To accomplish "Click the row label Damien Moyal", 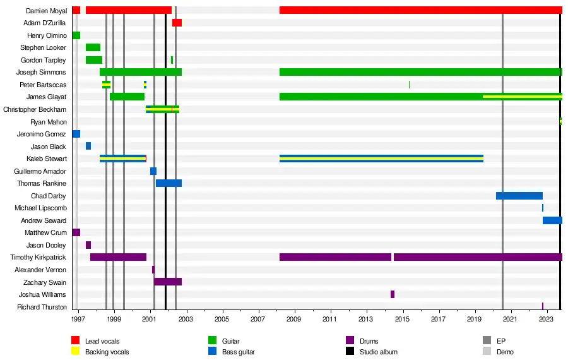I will tap(47, 11).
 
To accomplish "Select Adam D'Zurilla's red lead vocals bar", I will tap(177, 23).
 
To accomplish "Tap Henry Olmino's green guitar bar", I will tap(76, 35).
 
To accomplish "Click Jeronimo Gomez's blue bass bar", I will tap(76, 134).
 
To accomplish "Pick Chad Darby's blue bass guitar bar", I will tap(519, 196).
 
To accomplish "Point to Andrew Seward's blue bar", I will tap(552, 220).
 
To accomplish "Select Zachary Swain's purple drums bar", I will tap(168, 282).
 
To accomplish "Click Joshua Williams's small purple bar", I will tap(393, 294).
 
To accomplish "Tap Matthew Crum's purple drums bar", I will tap(76, 232).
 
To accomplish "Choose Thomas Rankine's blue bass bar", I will tap(169, 183).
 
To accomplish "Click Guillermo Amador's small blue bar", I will tap(153, 171).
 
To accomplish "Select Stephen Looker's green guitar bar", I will tap(93, 47).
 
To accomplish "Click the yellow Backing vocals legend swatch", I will tap(75, 351).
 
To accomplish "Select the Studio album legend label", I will tap(379, 352).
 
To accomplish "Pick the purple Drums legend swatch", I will tap(350, 341).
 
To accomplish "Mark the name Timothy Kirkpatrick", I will tap(38, 257).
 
